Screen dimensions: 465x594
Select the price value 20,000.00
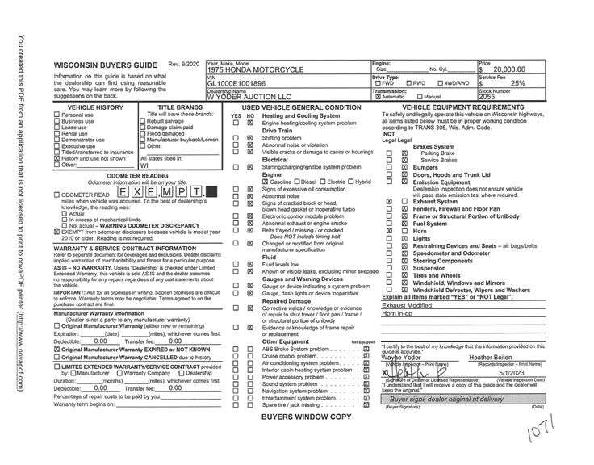508,70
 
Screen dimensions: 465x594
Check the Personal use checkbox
56,115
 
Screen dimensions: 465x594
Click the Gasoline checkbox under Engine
266,182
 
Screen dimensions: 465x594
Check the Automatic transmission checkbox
378,97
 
